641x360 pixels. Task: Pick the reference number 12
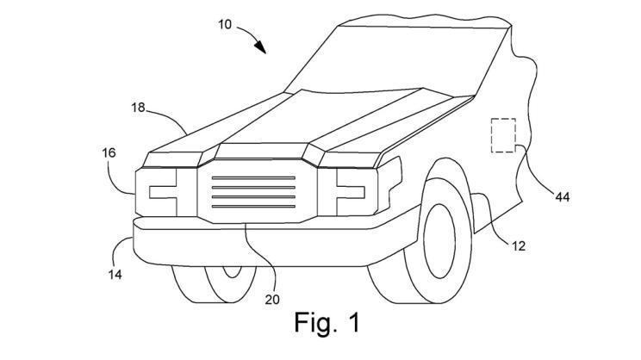pyautogui.click(x=517, y=246)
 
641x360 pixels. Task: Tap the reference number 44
pyautogui.click(x=562, y=198)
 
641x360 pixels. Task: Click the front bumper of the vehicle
pyautogui.click(x=258, y=245)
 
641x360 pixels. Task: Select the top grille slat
pyautogui.click(x=255, y=178)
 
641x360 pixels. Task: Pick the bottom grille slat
pyautogui.click(x=255, y=208)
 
